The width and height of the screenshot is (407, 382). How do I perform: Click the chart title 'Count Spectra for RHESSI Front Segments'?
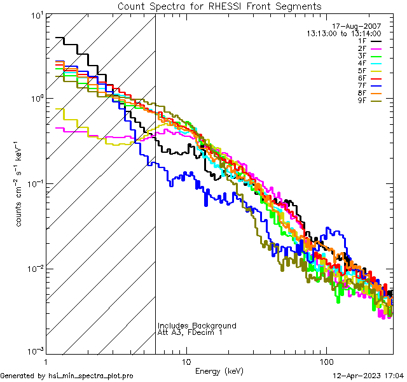click(x=219, y=6)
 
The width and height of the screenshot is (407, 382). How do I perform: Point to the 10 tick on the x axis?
click(x=186, y=361)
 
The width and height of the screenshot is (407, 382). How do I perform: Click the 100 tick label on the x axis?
click(x=326, y=361)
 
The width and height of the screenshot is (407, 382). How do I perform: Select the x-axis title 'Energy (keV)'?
click(x=219, y=371)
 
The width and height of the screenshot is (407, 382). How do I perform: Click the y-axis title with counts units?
click(x=20, y=185)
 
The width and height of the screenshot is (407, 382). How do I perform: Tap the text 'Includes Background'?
click(x=197, y=326)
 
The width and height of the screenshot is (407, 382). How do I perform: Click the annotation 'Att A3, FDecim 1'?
click(x=190, y=333)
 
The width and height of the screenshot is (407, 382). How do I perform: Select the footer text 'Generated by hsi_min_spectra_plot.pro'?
click(x=67, y=376)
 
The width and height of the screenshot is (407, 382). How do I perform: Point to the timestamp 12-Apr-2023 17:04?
click(x=368, y=376)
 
